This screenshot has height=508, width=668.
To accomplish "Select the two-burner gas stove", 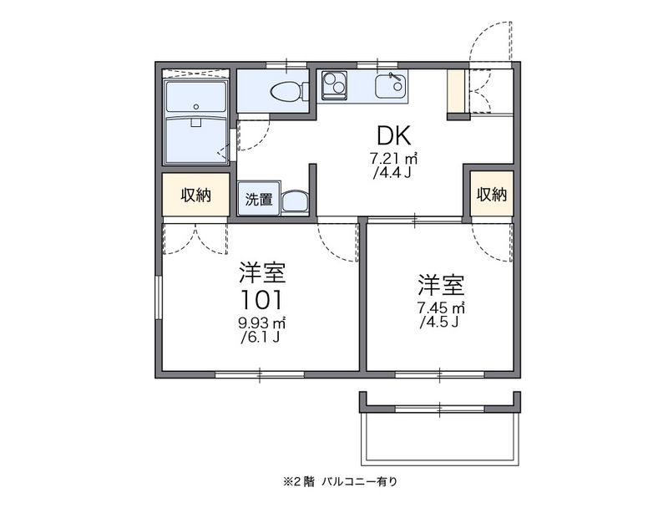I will tap(337, 84).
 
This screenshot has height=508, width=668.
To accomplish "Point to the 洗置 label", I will tap(258, 200).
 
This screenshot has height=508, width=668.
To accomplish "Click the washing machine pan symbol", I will tap(293, 201).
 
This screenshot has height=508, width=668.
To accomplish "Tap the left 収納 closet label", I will tap(195, 196).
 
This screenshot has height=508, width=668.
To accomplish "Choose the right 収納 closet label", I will tap(491, 195).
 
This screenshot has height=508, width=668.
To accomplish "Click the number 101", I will tap(262, 299).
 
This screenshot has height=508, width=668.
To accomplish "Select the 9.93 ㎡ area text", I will tap(262, 323).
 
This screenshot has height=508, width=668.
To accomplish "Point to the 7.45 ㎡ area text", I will tap(441, 307).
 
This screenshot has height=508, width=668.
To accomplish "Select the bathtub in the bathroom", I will tap(196, 100).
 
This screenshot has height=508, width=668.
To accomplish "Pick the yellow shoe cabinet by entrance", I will tap(455, 93).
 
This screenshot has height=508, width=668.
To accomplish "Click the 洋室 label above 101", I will tap(262, 272).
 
